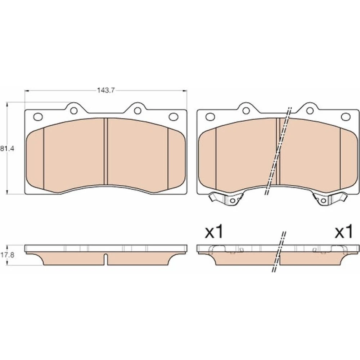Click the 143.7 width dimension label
[105, 90]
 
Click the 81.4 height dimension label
[7, 149]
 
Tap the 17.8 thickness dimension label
[7, 255]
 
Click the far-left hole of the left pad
[38, 117]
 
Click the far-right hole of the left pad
[174, 117]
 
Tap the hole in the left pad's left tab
[74, 111]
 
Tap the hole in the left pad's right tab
[138, 111]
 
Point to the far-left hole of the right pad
[210, 117]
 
